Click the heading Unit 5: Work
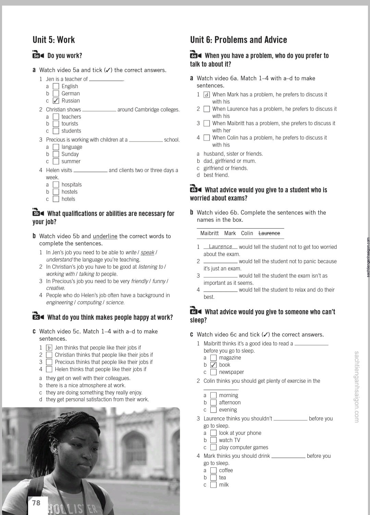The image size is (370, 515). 53,40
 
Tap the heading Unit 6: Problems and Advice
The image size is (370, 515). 238,40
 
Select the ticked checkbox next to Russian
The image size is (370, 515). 56,101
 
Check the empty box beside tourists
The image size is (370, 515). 56,124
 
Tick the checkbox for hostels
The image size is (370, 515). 56,192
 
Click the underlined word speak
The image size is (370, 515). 147,253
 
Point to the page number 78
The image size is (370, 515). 36,503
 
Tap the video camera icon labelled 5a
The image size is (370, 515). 38,55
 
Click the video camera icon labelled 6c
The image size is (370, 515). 196,311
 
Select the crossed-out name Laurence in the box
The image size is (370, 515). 269,233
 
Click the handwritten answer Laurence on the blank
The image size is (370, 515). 220,246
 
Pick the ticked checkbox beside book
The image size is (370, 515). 213,365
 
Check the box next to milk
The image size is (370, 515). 213,485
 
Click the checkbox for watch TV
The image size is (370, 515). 213,440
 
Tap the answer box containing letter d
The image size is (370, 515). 207,95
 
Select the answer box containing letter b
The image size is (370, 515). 49,348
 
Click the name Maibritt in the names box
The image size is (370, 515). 209,233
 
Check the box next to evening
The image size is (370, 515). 213,410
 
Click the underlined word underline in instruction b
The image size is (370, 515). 105,236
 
